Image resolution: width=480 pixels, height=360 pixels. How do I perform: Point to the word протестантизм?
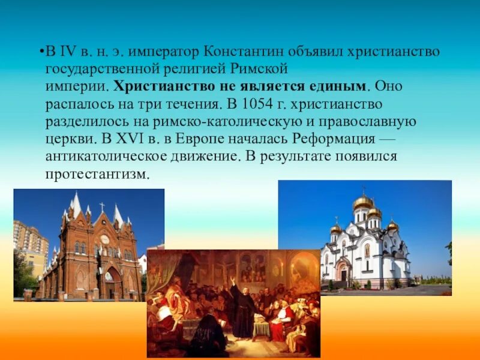tap(96, 174)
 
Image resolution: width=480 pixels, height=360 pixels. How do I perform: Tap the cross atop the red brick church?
tap(102, 206)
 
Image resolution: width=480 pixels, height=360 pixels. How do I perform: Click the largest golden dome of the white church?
tap(362, 202)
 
